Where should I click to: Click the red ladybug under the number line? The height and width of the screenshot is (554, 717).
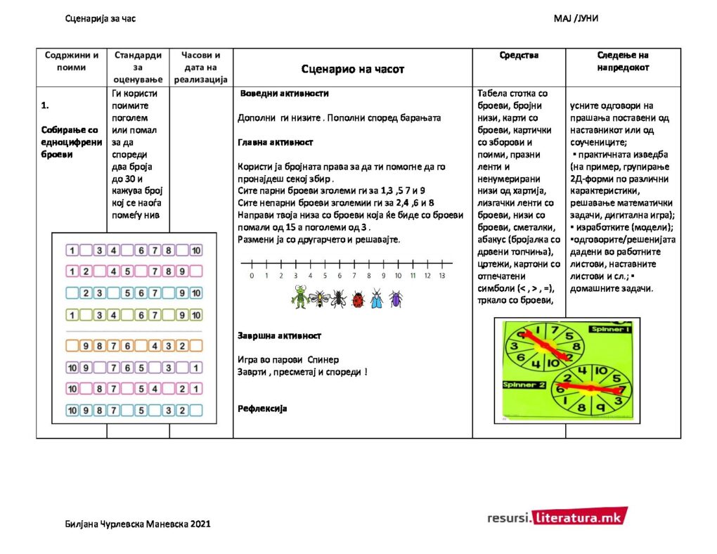358,299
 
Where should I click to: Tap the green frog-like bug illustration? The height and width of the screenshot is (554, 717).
299,298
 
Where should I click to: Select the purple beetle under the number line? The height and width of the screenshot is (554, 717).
396,299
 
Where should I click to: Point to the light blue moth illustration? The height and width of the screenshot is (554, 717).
377,299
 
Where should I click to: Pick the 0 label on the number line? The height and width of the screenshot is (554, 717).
252,276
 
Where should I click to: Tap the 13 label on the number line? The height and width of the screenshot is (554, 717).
442,276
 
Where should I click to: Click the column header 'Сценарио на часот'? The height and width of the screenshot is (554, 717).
352,69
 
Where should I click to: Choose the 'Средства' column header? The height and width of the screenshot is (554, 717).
519,55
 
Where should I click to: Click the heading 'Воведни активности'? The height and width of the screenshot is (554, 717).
284,94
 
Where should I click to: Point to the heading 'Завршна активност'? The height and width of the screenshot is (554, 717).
279,336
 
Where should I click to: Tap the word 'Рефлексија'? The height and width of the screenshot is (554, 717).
262,408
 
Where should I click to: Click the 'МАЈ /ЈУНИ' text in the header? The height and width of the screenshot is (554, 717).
576,18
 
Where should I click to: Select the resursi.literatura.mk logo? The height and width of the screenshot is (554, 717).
556,517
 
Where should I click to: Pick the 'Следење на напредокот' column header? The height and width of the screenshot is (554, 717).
623,61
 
